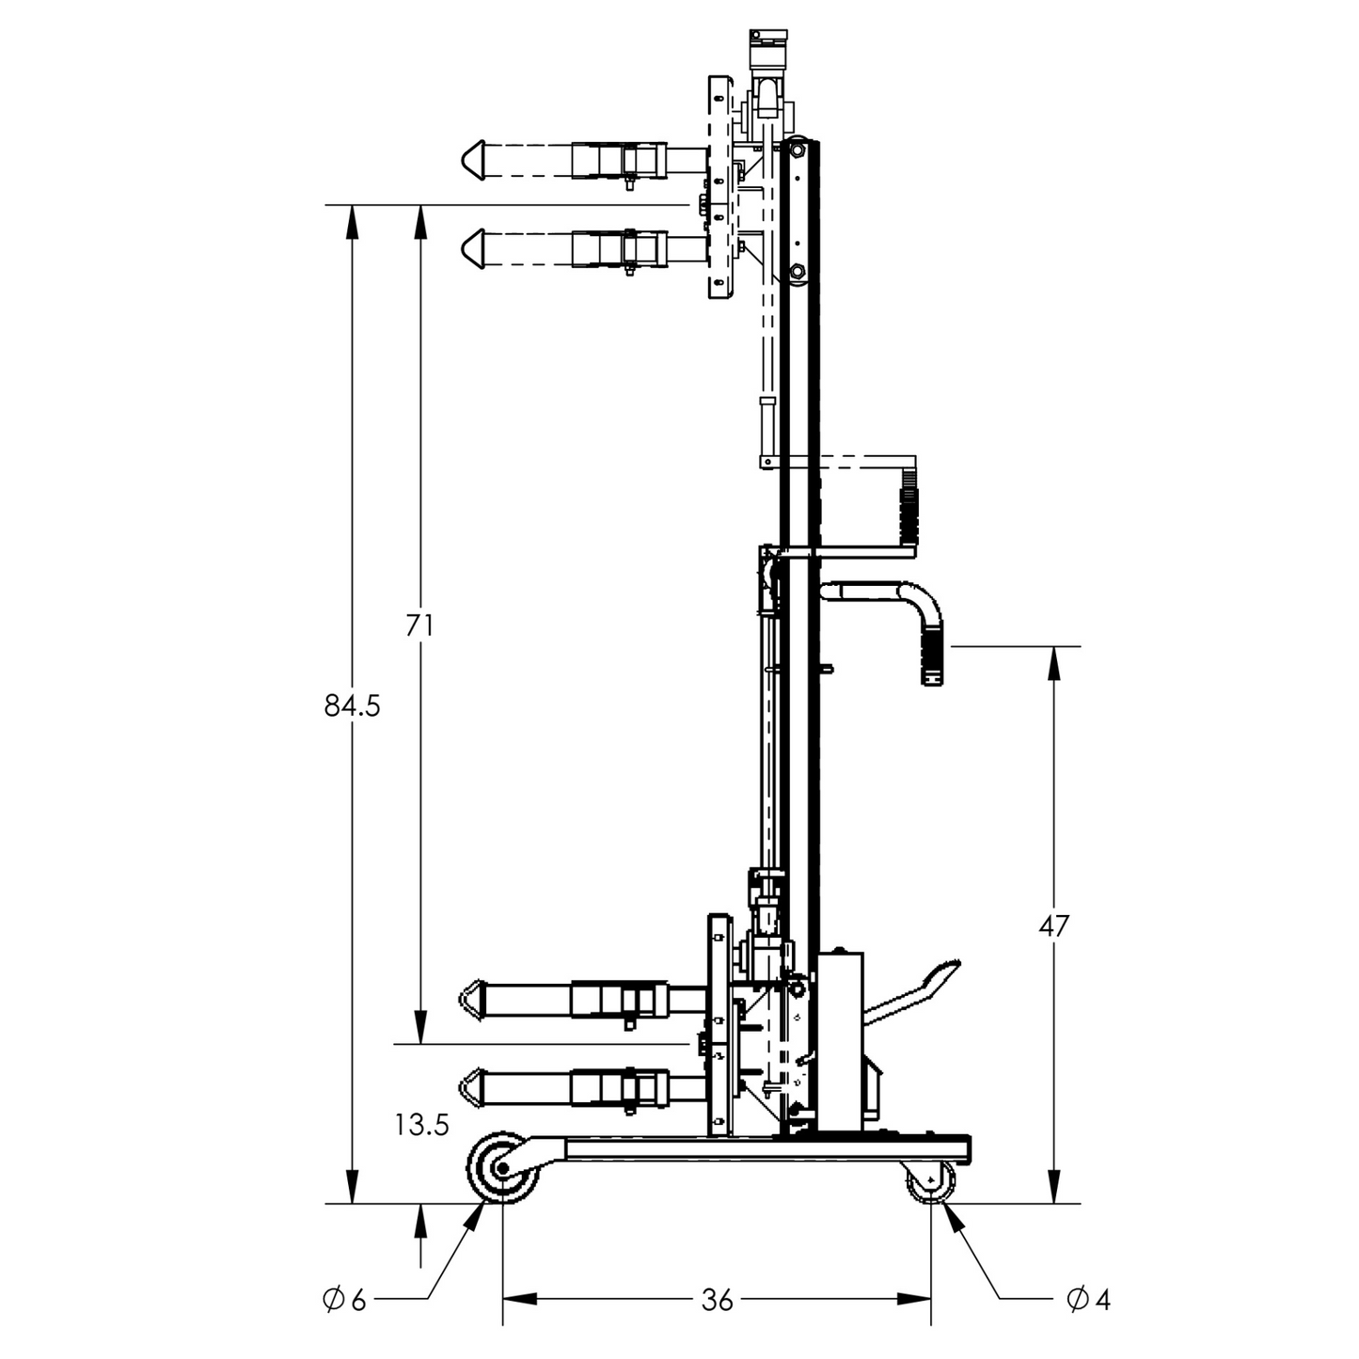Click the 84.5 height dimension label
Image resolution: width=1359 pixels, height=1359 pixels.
pos(352,705)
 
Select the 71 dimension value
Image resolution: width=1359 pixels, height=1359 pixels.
pos(419,624)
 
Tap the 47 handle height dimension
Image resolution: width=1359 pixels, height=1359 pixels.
pos(1053,925)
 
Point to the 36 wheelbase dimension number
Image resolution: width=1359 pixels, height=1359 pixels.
pos(717,1300)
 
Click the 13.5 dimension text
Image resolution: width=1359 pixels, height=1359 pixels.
pos(421,1125)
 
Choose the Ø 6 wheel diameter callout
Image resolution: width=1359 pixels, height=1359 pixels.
pos(344,1300)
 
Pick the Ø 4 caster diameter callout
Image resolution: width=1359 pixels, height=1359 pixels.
pos(1088,1300)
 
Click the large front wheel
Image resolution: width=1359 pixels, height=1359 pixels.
pos(503,1169)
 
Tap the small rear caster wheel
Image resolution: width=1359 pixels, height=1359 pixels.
pos(930,1181)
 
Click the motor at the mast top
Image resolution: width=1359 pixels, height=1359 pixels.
pos(766,47)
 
